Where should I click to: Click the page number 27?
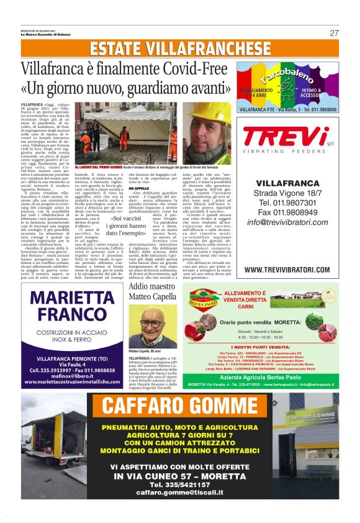pos(334,33)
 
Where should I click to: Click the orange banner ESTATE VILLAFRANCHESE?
pos(180,50)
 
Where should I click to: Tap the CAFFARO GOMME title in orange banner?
pos(179,406)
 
